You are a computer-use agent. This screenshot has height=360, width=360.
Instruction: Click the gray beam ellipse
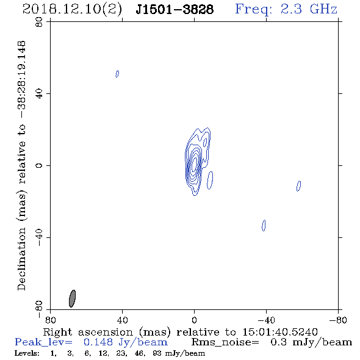[x=73, y=298]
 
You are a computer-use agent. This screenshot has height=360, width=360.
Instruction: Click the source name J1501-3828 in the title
[x=175, y=10]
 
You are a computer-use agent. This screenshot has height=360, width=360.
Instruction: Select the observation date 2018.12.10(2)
[x=72, y=10]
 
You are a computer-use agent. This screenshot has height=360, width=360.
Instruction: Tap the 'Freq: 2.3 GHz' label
[x=286, y=9]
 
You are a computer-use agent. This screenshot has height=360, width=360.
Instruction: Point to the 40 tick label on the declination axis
[x=39, y=94]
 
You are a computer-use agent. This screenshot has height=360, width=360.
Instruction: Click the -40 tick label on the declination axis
[x=39, y=237]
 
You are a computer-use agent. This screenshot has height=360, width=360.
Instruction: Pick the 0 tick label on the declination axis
[x=39, y=165]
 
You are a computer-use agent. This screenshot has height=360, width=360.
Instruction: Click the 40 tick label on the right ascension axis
[x=123, y=320]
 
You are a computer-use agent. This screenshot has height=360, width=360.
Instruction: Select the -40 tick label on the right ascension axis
[x=266, y=320]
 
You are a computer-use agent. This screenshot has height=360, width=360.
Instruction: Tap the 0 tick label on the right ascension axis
[x=195, y=320]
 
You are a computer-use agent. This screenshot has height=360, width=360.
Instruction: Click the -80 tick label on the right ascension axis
[x=338, y=320]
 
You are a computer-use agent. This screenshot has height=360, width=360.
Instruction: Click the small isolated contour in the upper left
[x=117, y=74]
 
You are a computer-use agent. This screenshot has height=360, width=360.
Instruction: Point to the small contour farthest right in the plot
[x=299, y=186]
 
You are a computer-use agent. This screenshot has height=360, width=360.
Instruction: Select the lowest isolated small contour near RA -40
[x=264, y=225]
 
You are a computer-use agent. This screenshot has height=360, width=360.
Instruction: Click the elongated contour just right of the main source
[x=210, y=181]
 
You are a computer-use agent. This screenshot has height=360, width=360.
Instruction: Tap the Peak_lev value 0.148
[x=98, y=342]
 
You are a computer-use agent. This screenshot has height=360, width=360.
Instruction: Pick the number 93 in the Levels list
[x=157, y=353]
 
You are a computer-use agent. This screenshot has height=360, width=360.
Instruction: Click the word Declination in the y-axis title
[x=21, y=259]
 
